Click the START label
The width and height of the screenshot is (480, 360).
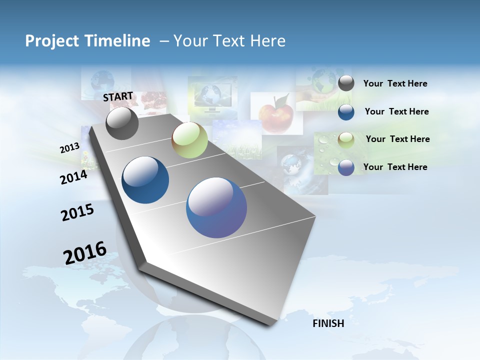click(118, 96)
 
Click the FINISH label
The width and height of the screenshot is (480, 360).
click(328, 323)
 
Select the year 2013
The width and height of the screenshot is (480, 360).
click(69, 148)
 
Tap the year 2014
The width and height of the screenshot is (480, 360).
click(73, 177)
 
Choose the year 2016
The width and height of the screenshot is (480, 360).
click(85, 253)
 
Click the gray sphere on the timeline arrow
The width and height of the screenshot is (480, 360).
click(122, 123)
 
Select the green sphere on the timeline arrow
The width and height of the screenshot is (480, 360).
click(189, 140)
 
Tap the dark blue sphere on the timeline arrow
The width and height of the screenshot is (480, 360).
click(145, 180)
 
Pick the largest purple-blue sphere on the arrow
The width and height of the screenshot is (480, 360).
click(216, 207)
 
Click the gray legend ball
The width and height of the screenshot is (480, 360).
click(346, 83)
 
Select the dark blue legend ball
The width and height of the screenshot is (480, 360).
click(346, 112)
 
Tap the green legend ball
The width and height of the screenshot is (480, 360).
click(346, 140)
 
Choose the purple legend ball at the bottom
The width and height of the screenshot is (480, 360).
click(346, 167)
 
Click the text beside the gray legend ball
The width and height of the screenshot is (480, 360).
click(395, 84)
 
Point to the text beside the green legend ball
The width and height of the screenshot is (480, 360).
click(397, 139)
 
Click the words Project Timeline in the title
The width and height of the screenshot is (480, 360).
click(87, 41)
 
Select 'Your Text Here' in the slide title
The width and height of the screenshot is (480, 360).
click(229, 41)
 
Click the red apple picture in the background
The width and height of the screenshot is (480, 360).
click(276, 114)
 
